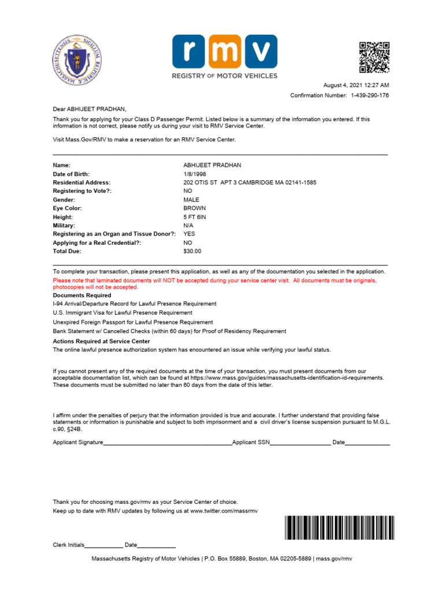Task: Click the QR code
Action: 374,57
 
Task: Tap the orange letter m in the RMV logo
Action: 225,51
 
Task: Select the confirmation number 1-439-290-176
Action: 369,95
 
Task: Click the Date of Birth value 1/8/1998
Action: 195,174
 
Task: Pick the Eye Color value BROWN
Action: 194,208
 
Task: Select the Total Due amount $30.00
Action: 193,251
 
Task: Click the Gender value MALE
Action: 191,200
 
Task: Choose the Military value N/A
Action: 188,225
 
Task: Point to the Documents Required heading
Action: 82,295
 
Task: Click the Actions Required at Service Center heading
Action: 101,341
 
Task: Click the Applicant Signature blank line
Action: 168,443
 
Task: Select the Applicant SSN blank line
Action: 300,443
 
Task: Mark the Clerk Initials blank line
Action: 104,546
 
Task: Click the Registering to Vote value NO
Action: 188,191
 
